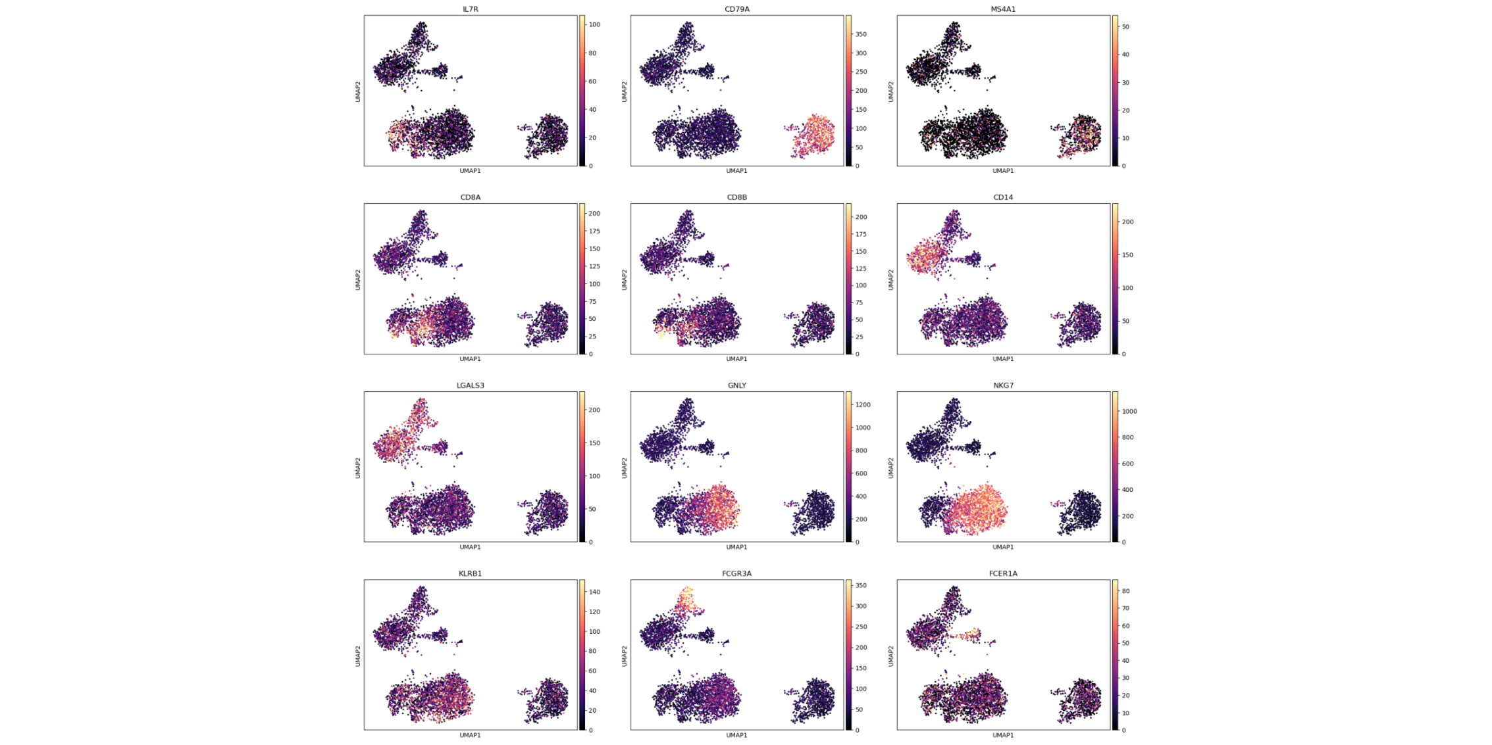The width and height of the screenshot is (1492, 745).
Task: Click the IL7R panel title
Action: click(x=470, y=9)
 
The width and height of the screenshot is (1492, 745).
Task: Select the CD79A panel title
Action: click(x=736, y=9)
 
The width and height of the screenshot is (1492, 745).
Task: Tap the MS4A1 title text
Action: click(x=1003, y=9)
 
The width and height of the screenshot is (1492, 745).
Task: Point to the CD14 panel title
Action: click(x=1003, y=197)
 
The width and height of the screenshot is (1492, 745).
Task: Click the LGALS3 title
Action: click(x=470, y=385)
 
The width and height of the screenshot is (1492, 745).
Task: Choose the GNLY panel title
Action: click(x=736, y=385)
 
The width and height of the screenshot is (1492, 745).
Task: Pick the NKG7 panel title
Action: click(x=1003, y=385)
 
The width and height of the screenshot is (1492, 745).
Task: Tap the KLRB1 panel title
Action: click(x=470, y=573)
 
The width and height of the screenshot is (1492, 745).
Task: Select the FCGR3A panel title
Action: click(x=736, y=573)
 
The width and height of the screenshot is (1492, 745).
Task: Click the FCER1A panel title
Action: click(x=1003, y=573)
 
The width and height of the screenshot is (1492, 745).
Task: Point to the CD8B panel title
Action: click(x=736, y=197)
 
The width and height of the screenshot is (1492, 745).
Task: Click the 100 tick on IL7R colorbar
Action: click(x=594, y=24)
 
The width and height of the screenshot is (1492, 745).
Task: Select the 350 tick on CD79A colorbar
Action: click(x=861, y=34)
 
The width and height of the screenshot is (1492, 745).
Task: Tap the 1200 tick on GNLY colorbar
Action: click(x=862, y=404)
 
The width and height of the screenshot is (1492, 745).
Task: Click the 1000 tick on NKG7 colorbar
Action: click(x=1129, y=411)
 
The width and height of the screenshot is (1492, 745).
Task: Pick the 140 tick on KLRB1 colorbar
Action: click(x=594, y=592)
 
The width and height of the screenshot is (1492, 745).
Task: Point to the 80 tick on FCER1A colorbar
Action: click(x=1125, y=591)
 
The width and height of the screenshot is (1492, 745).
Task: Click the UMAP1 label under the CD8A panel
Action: click(x=470, y=359)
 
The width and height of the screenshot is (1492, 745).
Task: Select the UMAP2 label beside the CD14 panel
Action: click(x=891, y=279)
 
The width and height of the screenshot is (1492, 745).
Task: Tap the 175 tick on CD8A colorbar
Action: click(x=594, y=231)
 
